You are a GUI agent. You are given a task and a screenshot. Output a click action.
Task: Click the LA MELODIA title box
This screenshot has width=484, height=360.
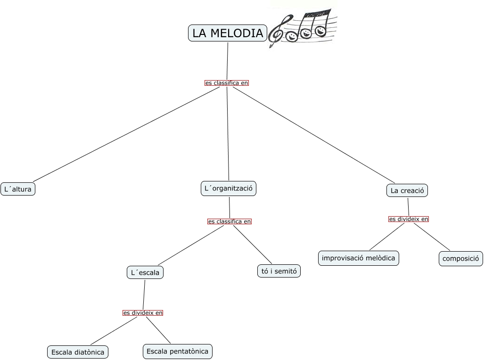(x=228, y=33)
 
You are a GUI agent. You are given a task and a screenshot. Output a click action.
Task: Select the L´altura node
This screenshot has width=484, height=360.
(x=18, y=189)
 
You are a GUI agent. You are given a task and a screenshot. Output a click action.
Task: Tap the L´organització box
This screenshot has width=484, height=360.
(x=229, y=189)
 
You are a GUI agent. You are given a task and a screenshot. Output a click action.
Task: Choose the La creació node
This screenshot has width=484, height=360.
(x=408, y=190)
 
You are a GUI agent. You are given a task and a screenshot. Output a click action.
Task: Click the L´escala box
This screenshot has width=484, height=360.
(x=145, y=272)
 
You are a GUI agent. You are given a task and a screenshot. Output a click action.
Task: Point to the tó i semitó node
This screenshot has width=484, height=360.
(x=279, y=271)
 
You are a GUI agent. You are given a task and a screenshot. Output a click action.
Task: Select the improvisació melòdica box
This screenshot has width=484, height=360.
(x=359, y=258)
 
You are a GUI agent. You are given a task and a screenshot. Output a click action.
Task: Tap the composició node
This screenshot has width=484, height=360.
(x=461, y=259)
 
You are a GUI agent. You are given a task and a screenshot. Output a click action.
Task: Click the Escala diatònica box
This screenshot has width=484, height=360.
(x=78, y=352)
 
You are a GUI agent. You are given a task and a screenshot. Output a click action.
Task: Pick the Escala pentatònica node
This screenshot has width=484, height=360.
(x=177, y=351)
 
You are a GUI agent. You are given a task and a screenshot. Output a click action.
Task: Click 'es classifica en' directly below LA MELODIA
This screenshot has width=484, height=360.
(x=227, y=83)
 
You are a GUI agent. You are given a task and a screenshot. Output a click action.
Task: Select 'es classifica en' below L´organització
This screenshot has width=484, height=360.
(x=230, y=221)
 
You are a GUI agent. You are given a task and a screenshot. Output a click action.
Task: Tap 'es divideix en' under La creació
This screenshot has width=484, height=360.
(x=409, y=219)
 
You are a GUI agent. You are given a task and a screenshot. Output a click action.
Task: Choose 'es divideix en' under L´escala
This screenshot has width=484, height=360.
(x=143, y=313)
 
